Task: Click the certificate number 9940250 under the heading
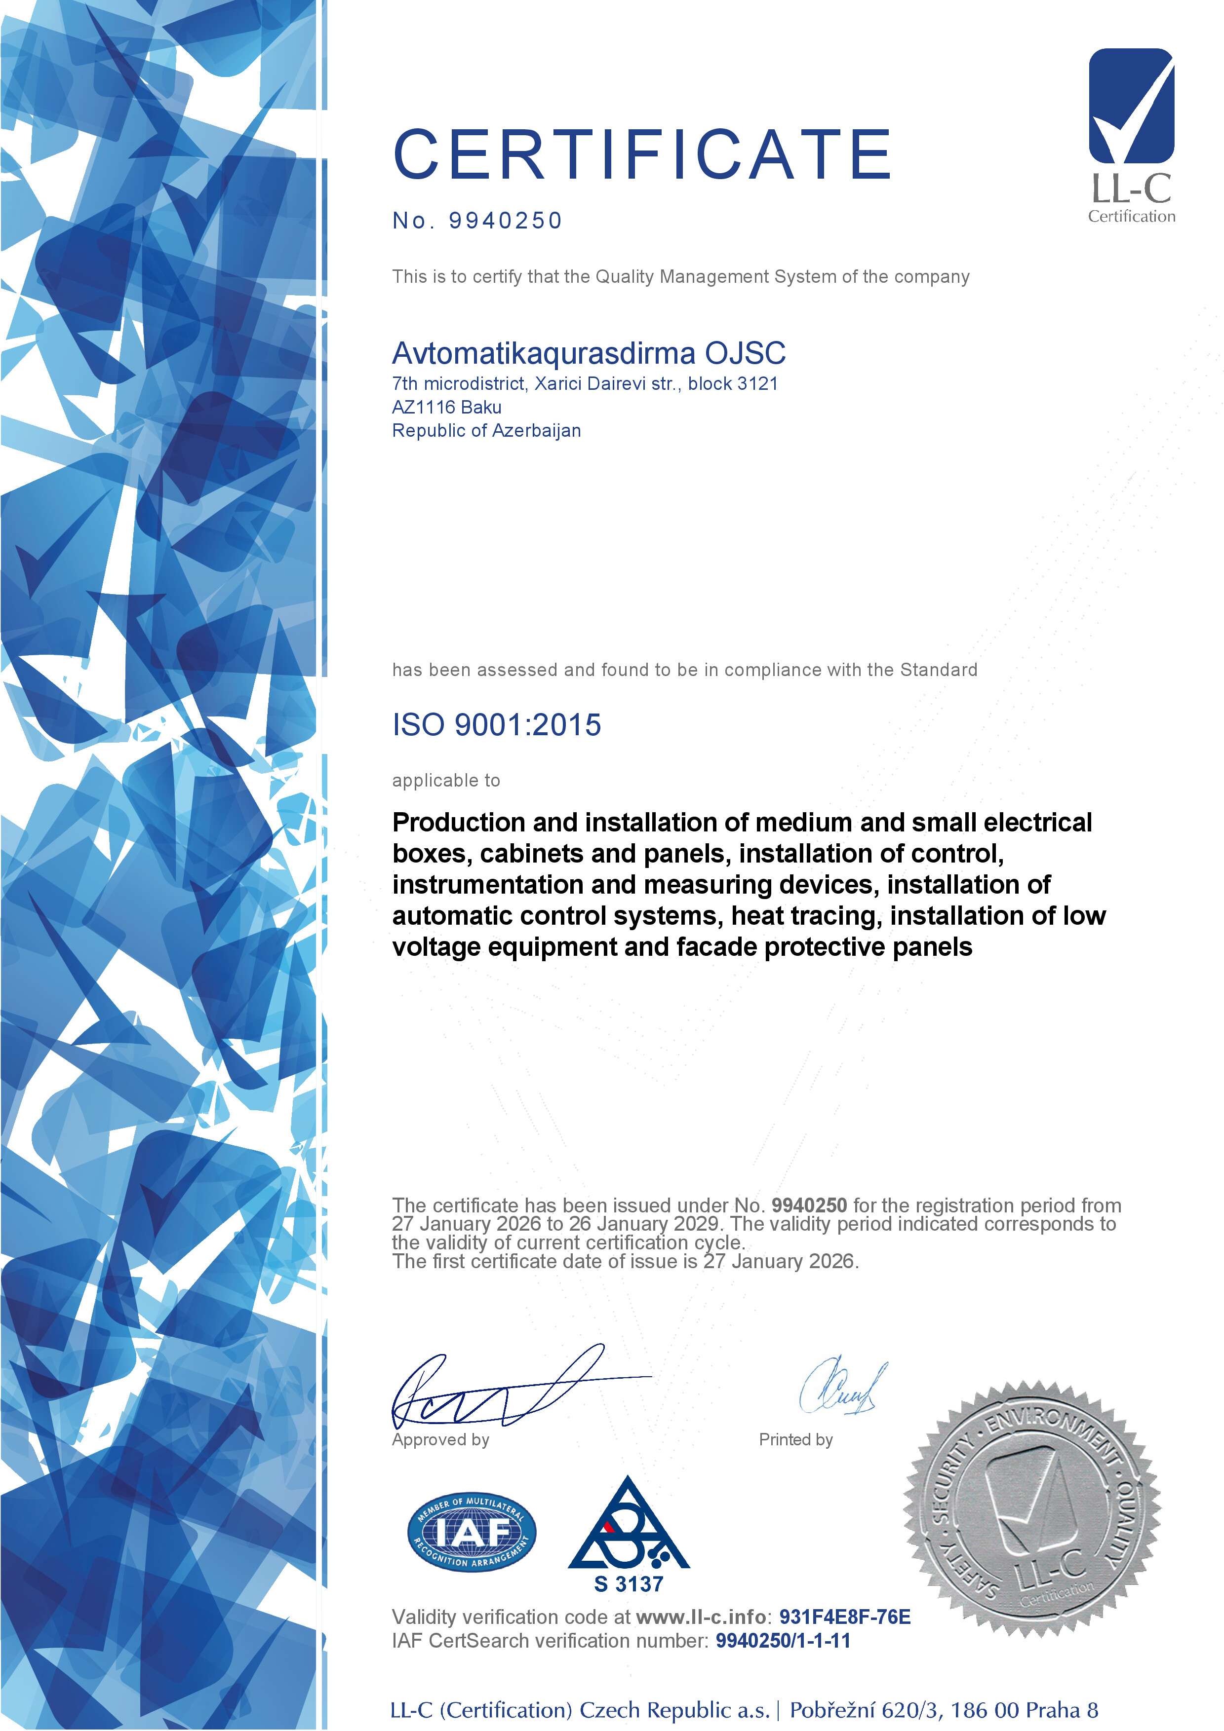click(505, 221)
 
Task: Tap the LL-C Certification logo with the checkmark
click(1131, 136)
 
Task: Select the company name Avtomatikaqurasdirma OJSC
click(588, 353)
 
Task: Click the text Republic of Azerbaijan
click(486, 430)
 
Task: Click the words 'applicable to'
click(446, 780)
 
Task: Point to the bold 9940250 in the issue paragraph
click(808, 1205)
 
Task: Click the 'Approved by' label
click(440, 1439)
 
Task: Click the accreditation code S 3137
click(628, 1584)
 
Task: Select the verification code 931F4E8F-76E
click(845, 1617)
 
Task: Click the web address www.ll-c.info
click(701, 1617)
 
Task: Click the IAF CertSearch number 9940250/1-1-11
click(783, 1641)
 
